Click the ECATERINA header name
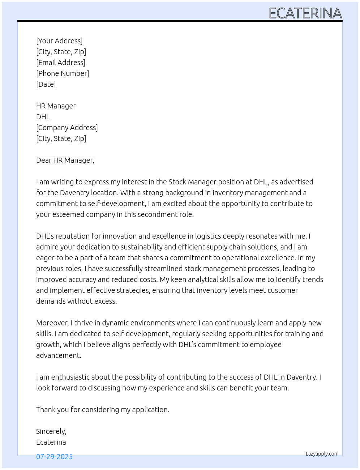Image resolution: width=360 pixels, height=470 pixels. tap(305, 13)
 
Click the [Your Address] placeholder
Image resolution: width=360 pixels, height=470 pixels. tap(59, 41)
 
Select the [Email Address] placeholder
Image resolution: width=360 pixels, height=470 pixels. tap(61, 63)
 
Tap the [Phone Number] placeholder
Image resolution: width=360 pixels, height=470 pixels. tap(63, 73)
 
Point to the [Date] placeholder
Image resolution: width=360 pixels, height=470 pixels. tap(46, 84)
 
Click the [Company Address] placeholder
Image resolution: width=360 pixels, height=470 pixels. tap(67, 128)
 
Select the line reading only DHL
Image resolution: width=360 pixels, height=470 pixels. tap(43, 117)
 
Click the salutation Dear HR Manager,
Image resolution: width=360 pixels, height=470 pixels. tap(65, 160)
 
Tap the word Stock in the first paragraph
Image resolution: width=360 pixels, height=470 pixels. tap(177, 182)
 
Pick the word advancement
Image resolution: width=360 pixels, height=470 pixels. tap(59, 355)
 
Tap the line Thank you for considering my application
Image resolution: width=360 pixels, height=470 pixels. tap(103, 410)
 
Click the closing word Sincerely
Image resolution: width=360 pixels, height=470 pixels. tap(51, 431)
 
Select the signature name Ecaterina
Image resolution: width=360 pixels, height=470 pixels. tap(51, 442)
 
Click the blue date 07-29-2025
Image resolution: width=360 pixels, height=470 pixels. tap(54, 457)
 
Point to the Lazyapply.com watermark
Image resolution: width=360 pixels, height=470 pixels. tap(322, 454)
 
